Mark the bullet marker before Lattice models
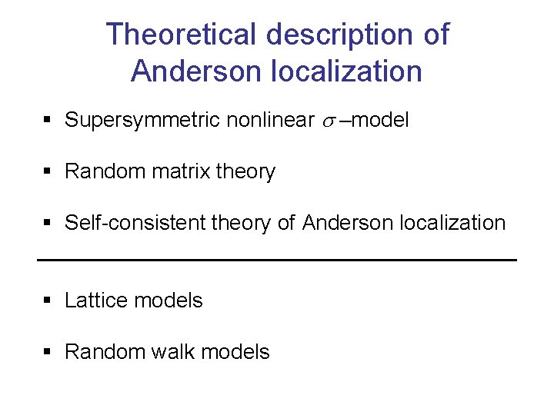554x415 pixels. (48, 300)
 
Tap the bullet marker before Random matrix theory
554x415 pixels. (48, 172)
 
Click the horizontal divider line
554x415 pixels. (277, 261)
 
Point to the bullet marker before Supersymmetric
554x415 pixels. (48, 121)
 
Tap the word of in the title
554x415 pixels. (435, 35)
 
